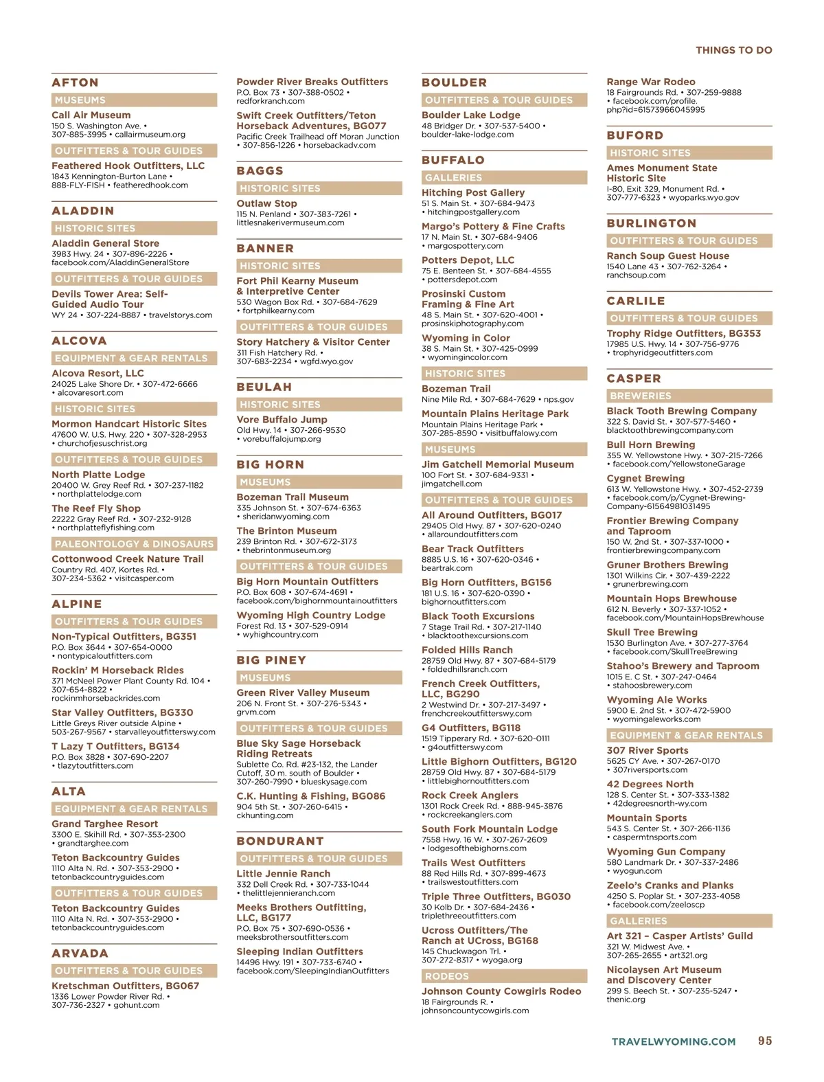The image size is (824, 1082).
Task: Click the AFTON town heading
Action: pos(75,82)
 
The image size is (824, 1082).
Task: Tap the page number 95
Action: pos(765,1041)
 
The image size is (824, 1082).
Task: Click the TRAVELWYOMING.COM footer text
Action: pos(673,1041)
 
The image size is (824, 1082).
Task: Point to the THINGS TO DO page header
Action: pos(733,50)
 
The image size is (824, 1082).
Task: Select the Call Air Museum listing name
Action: pos(91,115)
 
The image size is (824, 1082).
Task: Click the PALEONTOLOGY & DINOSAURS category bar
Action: pos(134,544)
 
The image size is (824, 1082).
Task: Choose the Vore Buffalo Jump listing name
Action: pos(282,420)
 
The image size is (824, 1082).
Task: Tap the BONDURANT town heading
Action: pos(280,841)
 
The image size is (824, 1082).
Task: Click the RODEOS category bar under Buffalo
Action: pos(504,976)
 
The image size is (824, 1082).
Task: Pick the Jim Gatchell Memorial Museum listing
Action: pos(497,464)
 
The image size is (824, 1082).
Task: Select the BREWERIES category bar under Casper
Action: pos(689,396)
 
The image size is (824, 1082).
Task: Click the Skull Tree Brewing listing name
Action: pos(652,632)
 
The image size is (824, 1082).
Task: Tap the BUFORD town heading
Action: pos(634,135)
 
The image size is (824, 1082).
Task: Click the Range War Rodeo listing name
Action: pos(650,82)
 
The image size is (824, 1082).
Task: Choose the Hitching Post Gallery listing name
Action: pos(472,193)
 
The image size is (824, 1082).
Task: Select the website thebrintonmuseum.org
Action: pos(286,550)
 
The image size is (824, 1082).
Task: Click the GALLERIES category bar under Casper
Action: pos(689,921)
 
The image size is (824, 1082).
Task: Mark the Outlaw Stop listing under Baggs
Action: pos(266,203)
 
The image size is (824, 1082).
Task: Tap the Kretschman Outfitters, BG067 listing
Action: pos(125,986)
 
